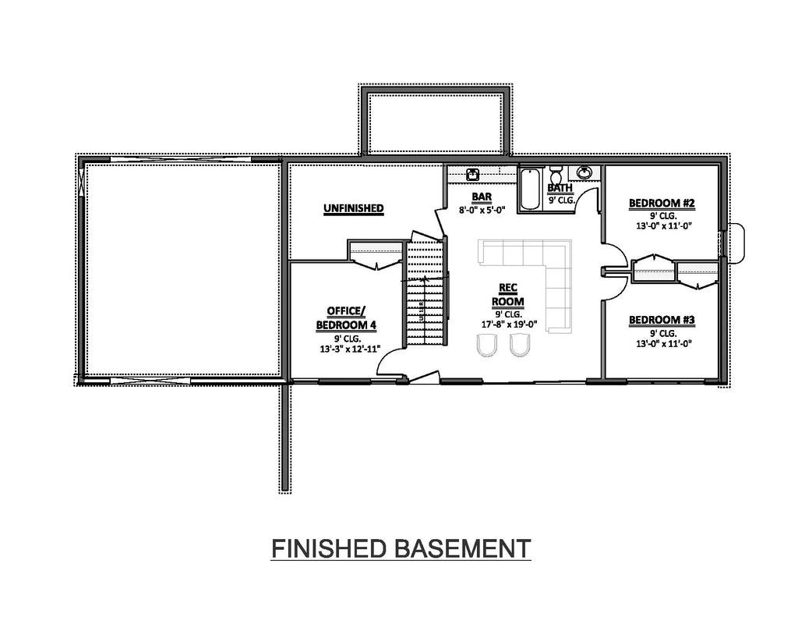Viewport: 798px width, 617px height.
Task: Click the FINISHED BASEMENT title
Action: pyautogui.click(x=401, y=548)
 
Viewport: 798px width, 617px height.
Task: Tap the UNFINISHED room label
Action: pyautogui.click(x=353, y=207)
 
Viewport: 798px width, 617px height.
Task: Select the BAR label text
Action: pyautogui.click(x=481, y=197)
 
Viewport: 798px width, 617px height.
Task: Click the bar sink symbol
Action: pyautogui.click(x=472, y=174)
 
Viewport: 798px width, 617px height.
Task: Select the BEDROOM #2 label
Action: pyautogui.click(x=661, y=204)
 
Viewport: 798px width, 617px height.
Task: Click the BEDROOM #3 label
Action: pyautogui.click(x=661, y=320)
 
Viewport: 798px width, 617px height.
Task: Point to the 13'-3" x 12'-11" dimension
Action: pyautogui.click(x=345, y=349)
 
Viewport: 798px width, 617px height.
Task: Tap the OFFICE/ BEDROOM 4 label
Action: pyautogui.click(x=346, y=317)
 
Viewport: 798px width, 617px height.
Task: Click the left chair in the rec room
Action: pyautogui.click(x=486, y=346)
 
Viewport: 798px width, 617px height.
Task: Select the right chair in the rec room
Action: pyautogui.click(x=520, y=345)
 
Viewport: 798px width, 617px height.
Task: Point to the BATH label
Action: pyautogui.click(x=559, y=188)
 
